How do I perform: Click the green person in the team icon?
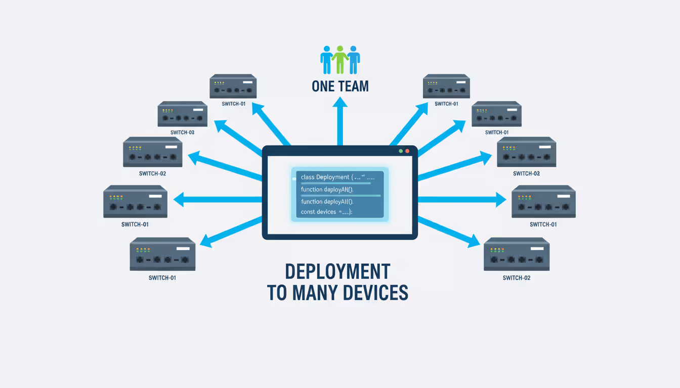pos(340,59)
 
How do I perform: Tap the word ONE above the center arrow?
pos(324,86)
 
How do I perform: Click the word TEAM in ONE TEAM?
pos(354,86)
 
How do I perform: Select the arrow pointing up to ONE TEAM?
pos(340,121)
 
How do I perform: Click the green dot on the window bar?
pos(401,151)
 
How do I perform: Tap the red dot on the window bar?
pos(407,151)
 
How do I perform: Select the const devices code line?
pos(326,212)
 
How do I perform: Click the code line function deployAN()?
pos(326,189)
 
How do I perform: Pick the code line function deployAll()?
pos(326,201)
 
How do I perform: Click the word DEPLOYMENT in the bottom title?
pos(337,272)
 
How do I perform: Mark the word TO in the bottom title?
pos(277,293)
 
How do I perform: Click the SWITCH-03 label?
pos(182,132)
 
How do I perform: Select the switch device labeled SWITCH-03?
pos(182,114)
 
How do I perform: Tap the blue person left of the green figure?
pos(327,59)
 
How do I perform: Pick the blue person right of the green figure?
pos(353,59)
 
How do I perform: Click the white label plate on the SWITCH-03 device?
pos(197,110)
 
